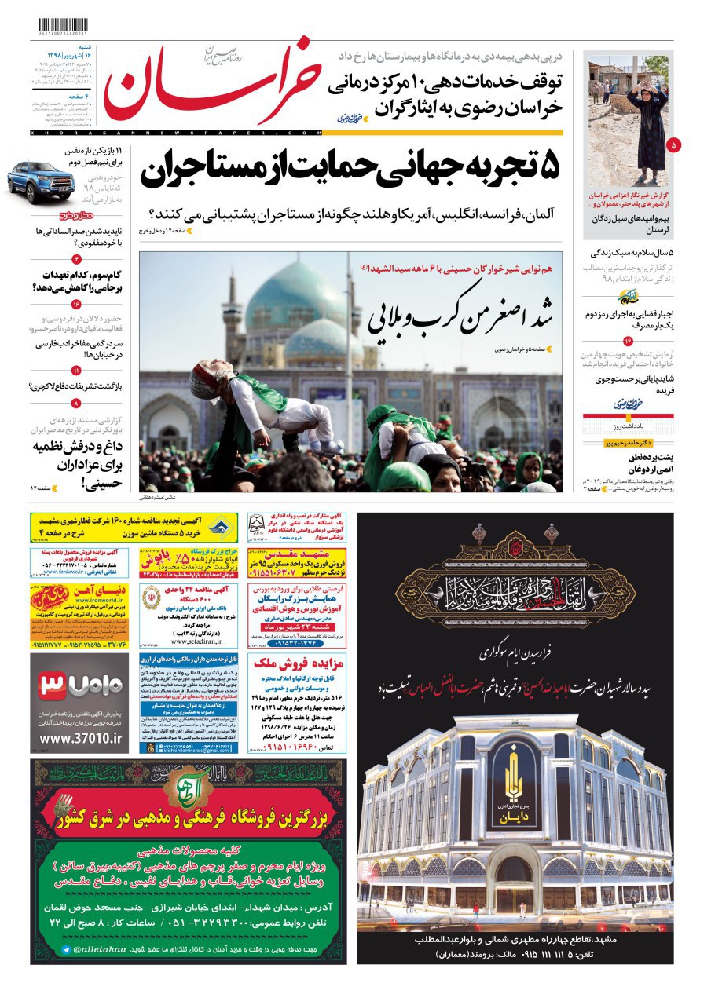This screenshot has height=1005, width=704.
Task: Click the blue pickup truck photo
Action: pyautogui.click(x=43, y=180)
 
